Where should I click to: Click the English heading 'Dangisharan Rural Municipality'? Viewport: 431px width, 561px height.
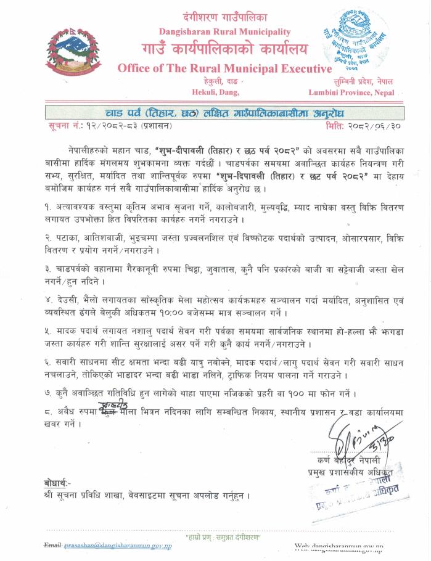pyautogui.click(x=224, y=31)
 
